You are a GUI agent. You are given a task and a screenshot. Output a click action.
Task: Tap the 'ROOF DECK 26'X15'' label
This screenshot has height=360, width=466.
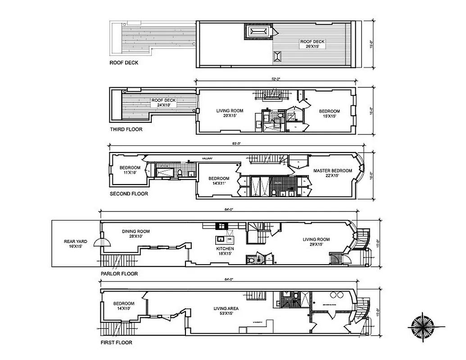coord(312,44)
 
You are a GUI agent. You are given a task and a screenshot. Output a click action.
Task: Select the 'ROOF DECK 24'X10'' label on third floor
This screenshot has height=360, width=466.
coord(163,103)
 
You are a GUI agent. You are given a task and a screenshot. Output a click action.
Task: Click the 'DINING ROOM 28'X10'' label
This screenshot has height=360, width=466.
coord(136,234)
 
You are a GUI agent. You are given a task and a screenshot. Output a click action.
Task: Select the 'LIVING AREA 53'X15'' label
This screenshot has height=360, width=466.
coord(226,311)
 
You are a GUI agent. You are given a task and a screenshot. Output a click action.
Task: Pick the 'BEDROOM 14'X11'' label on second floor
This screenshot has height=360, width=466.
coord(218,181)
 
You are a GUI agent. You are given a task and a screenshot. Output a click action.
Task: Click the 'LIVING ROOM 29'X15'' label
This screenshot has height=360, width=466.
coord(316,242)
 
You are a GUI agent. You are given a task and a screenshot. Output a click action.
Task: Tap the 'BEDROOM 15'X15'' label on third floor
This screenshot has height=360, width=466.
coord(330,114)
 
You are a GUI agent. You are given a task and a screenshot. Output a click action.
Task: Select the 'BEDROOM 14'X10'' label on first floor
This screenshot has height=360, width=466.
coord(124,306)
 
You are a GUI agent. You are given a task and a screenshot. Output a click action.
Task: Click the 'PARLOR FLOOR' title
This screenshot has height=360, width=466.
coord(119,274)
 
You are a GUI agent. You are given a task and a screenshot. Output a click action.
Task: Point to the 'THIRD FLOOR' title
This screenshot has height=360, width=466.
coord(126,130)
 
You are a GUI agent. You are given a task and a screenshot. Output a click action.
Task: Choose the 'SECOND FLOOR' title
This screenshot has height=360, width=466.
coord(129,194)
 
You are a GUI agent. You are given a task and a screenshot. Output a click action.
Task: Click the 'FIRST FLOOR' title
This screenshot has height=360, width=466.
coord(117,342)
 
